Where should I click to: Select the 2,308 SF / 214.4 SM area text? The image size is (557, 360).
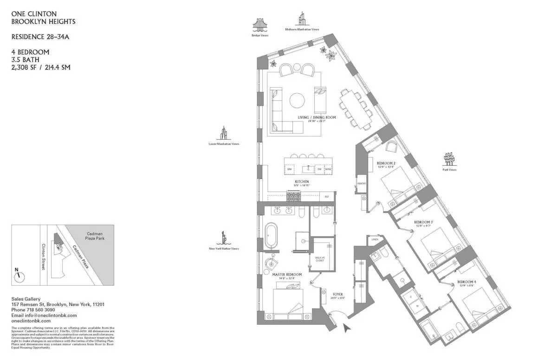pyautogui.click(x=41, y=67)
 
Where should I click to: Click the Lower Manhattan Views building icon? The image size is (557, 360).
pyautogui.click(x=223, y=133)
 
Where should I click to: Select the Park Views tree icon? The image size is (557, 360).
pyautogui.click(x=449, y=159)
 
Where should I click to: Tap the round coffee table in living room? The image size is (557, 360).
pyautogui.click(x=297, y=100)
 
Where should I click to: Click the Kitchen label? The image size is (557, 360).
pyautogui.click(x=302, y=181)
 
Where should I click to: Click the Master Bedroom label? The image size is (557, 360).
pyautogui.click(x=286, y=275)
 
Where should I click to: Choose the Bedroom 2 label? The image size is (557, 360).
pyautogui.click(x=386, y=163)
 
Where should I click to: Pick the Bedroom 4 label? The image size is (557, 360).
pyautogui.click(x=466, y=282)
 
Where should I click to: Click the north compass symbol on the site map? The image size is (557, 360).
pyautogui.click(x=19, y=276)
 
